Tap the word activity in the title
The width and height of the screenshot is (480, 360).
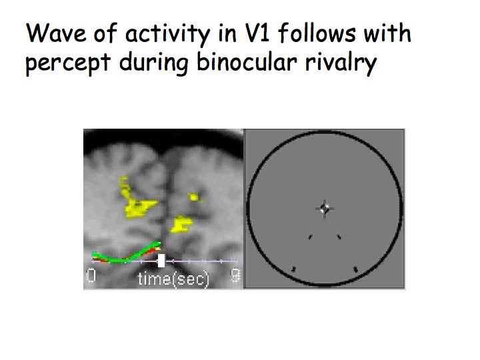click(168, 34)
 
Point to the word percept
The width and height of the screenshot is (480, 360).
click(67, 63)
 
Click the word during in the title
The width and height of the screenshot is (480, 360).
click(153, 63)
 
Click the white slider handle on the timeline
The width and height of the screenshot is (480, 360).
click(161, 261)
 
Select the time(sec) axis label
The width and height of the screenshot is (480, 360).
click(173, 279)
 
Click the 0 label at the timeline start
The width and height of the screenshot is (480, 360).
click(91, 275)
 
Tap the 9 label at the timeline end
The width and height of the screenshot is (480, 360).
click(235, 275)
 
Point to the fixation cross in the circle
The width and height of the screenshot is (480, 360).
click(325, 209)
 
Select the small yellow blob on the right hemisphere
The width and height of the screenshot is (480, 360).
click(194, 197)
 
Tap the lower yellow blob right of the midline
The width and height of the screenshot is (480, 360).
click(181, 224)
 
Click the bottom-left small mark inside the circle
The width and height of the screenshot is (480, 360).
click(294, 269)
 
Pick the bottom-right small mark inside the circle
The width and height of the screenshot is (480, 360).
click(355, 269)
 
